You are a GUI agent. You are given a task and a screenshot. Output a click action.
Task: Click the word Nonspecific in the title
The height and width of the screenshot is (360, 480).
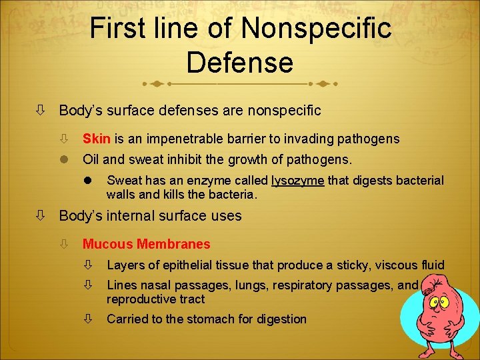tap(317, 28)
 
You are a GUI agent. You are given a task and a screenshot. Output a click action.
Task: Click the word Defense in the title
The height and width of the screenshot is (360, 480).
tap(240, 62)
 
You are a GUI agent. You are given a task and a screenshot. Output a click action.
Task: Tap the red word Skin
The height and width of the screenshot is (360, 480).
tap(97, 139)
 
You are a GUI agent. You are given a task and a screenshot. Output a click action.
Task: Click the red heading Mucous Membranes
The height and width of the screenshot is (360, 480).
tap(146, 245)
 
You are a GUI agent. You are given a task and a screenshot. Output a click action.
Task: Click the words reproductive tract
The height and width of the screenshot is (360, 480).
tap(155, 299)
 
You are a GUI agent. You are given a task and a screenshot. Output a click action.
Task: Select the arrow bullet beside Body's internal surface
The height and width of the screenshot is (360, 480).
tap(41, 216)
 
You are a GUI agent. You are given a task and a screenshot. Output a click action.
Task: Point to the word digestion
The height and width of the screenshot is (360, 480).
tap(279, 319)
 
